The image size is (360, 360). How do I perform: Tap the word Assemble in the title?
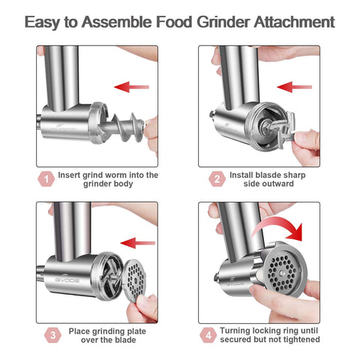coord(117,22)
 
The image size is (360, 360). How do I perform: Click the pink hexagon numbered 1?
coord(46,179)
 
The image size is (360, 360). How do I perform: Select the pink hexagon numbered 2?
coord(217,179)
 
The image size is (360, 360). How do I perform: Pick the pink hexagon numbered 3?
coord(52,335)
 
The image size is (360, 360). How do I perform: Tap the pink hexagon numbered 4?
coord(208,335)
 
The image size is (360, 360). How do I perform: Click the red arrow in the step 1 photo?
coord(131,87)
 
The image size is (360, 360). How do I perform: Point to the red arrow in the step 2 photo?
coord(295,87)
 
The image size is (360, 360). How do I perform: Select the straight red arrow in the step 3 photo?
coord(138,243)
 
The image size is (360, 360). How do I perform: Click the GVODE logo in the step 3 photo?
coord(67,280)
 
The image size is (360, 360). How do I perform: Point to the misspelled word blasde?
coord(270,175)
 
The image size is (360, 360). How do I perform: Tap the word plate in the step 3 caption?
coord(136,331)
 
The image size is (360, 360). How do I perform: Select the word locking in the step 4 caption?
coord(268,331)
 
